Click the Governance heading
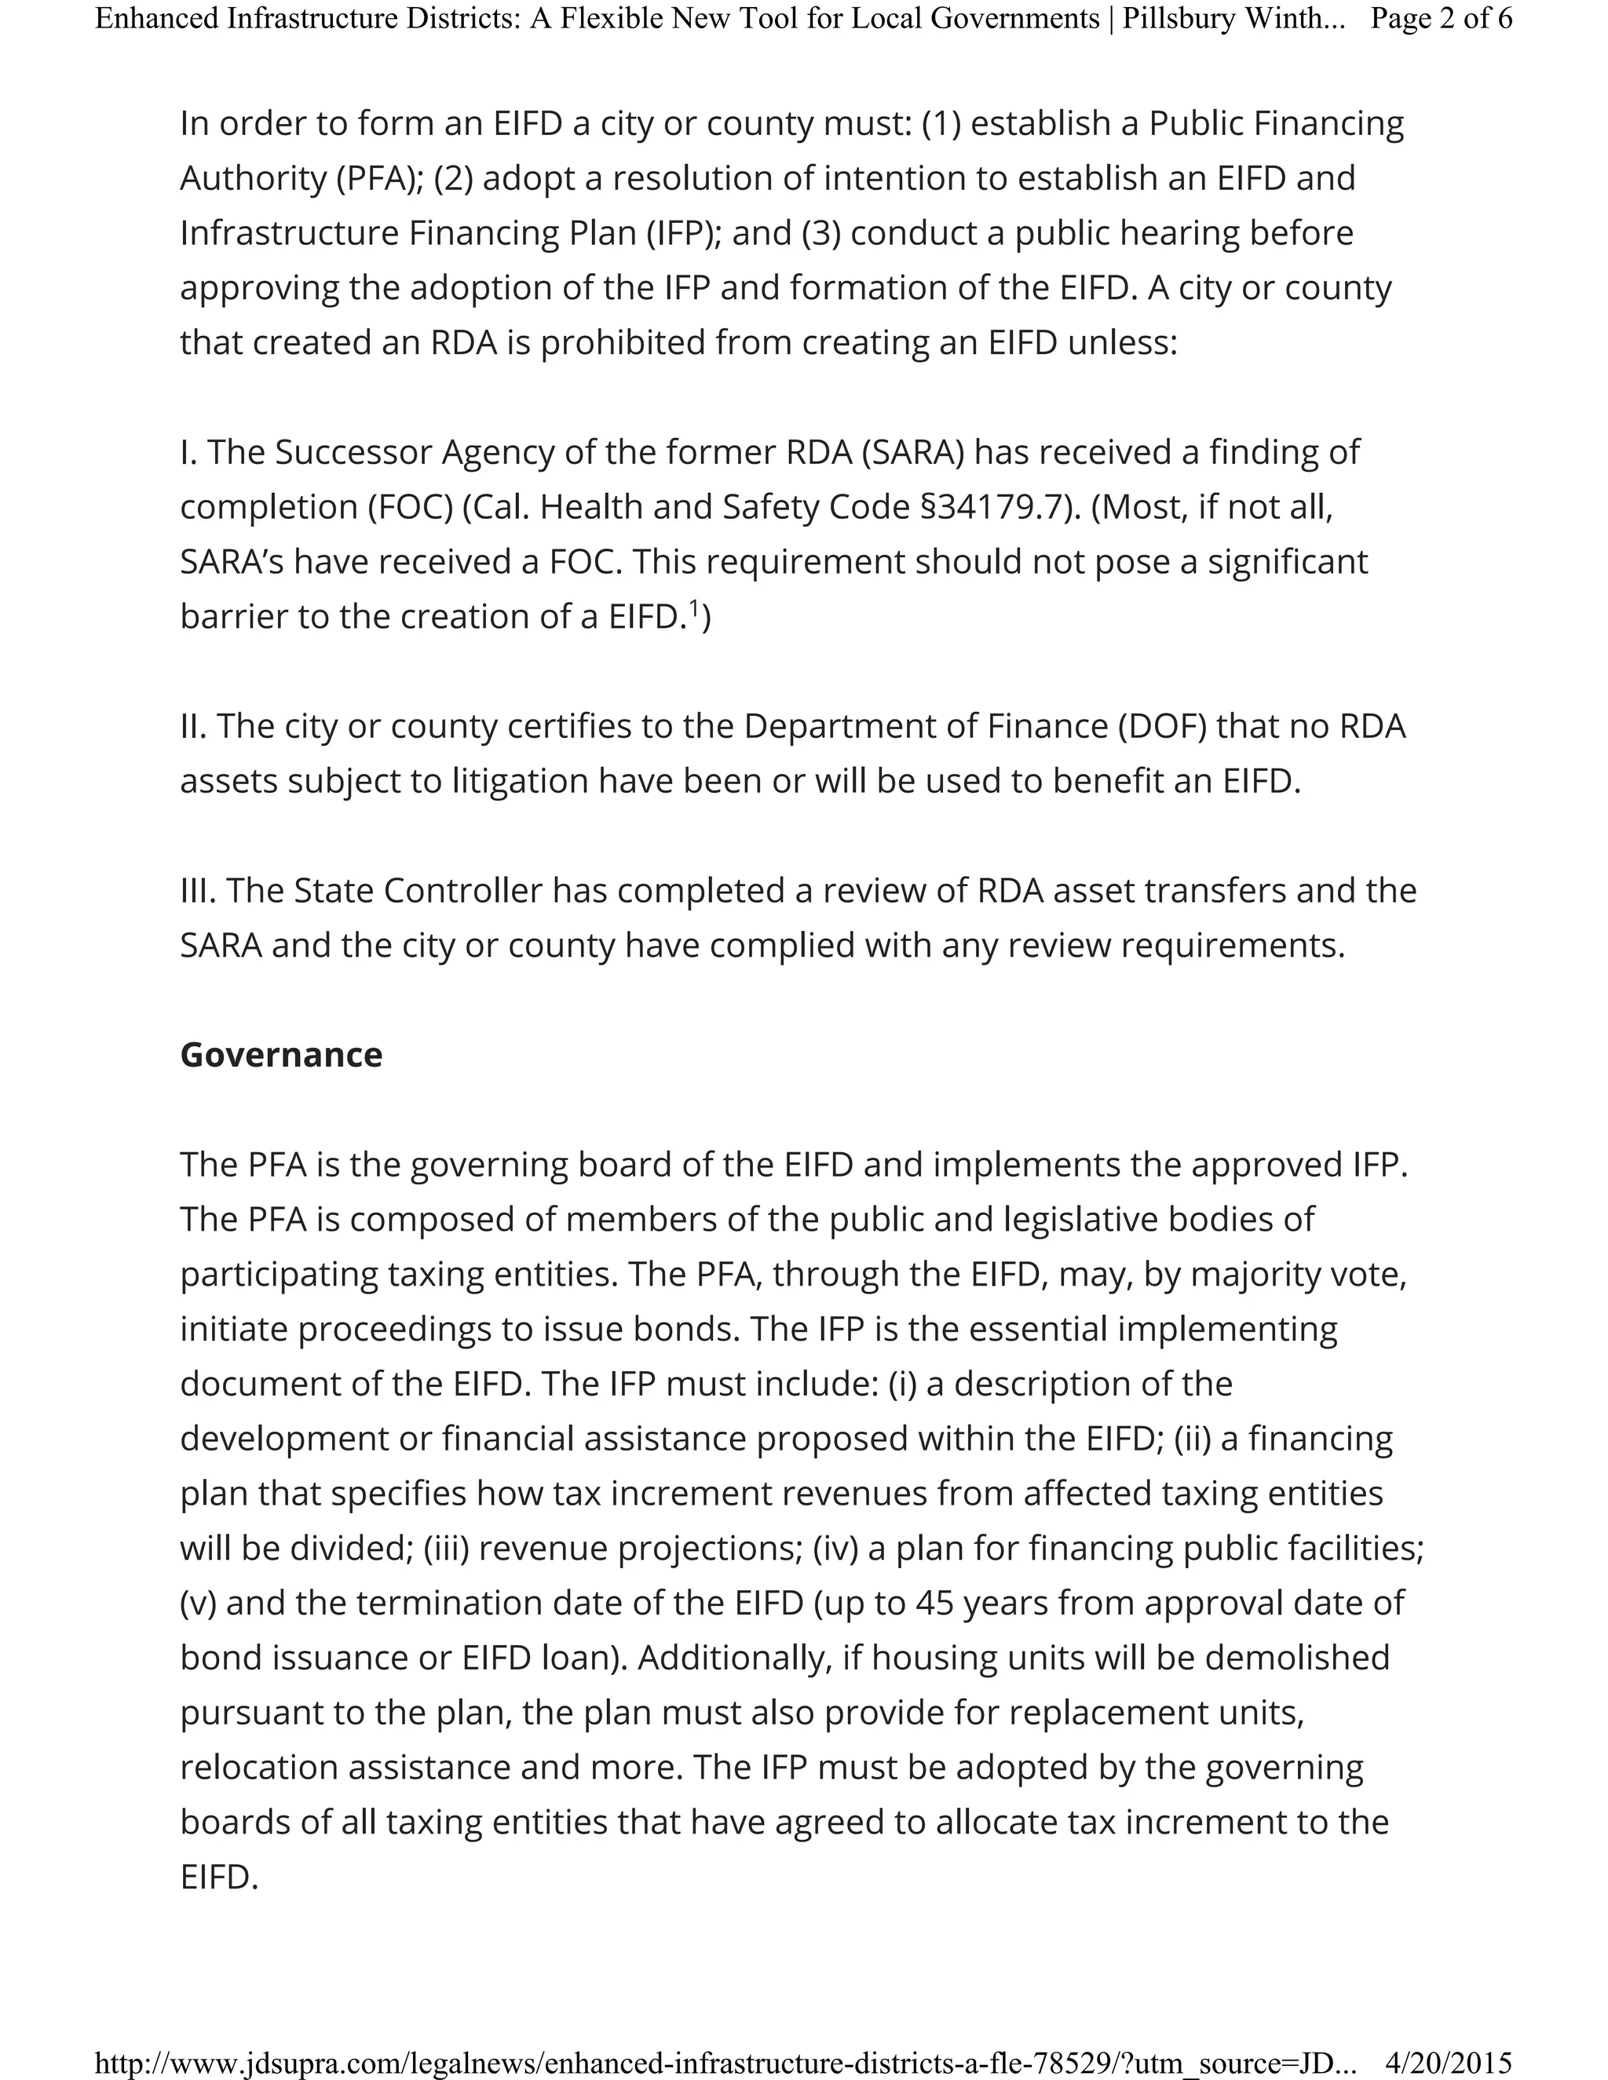281,1055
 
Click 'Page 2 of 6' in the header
1440,18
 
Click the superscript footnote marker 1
694,608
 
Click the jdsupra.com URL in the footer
724,2063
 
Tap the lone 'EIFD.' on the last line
219,1877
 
